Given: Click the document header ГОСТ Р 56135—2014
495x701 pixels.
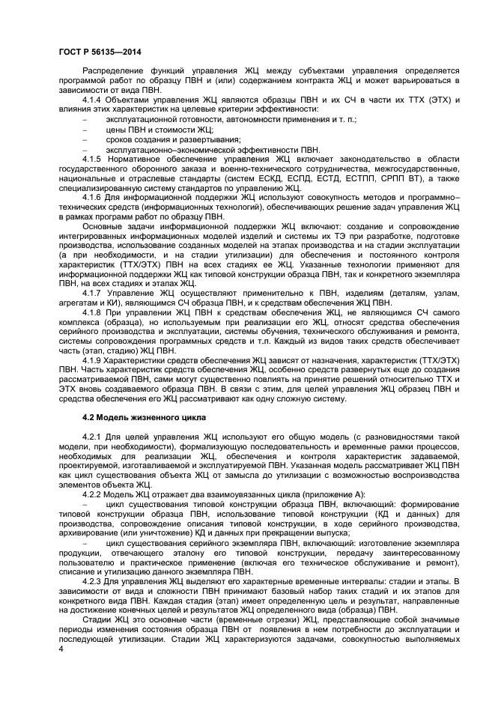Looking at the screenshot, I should pyautogui.click(x=100, y=51).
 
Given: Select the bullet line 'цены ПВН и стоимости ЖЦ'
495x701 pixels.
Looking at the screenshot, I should pyautogui.click(x=150, y=130).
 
